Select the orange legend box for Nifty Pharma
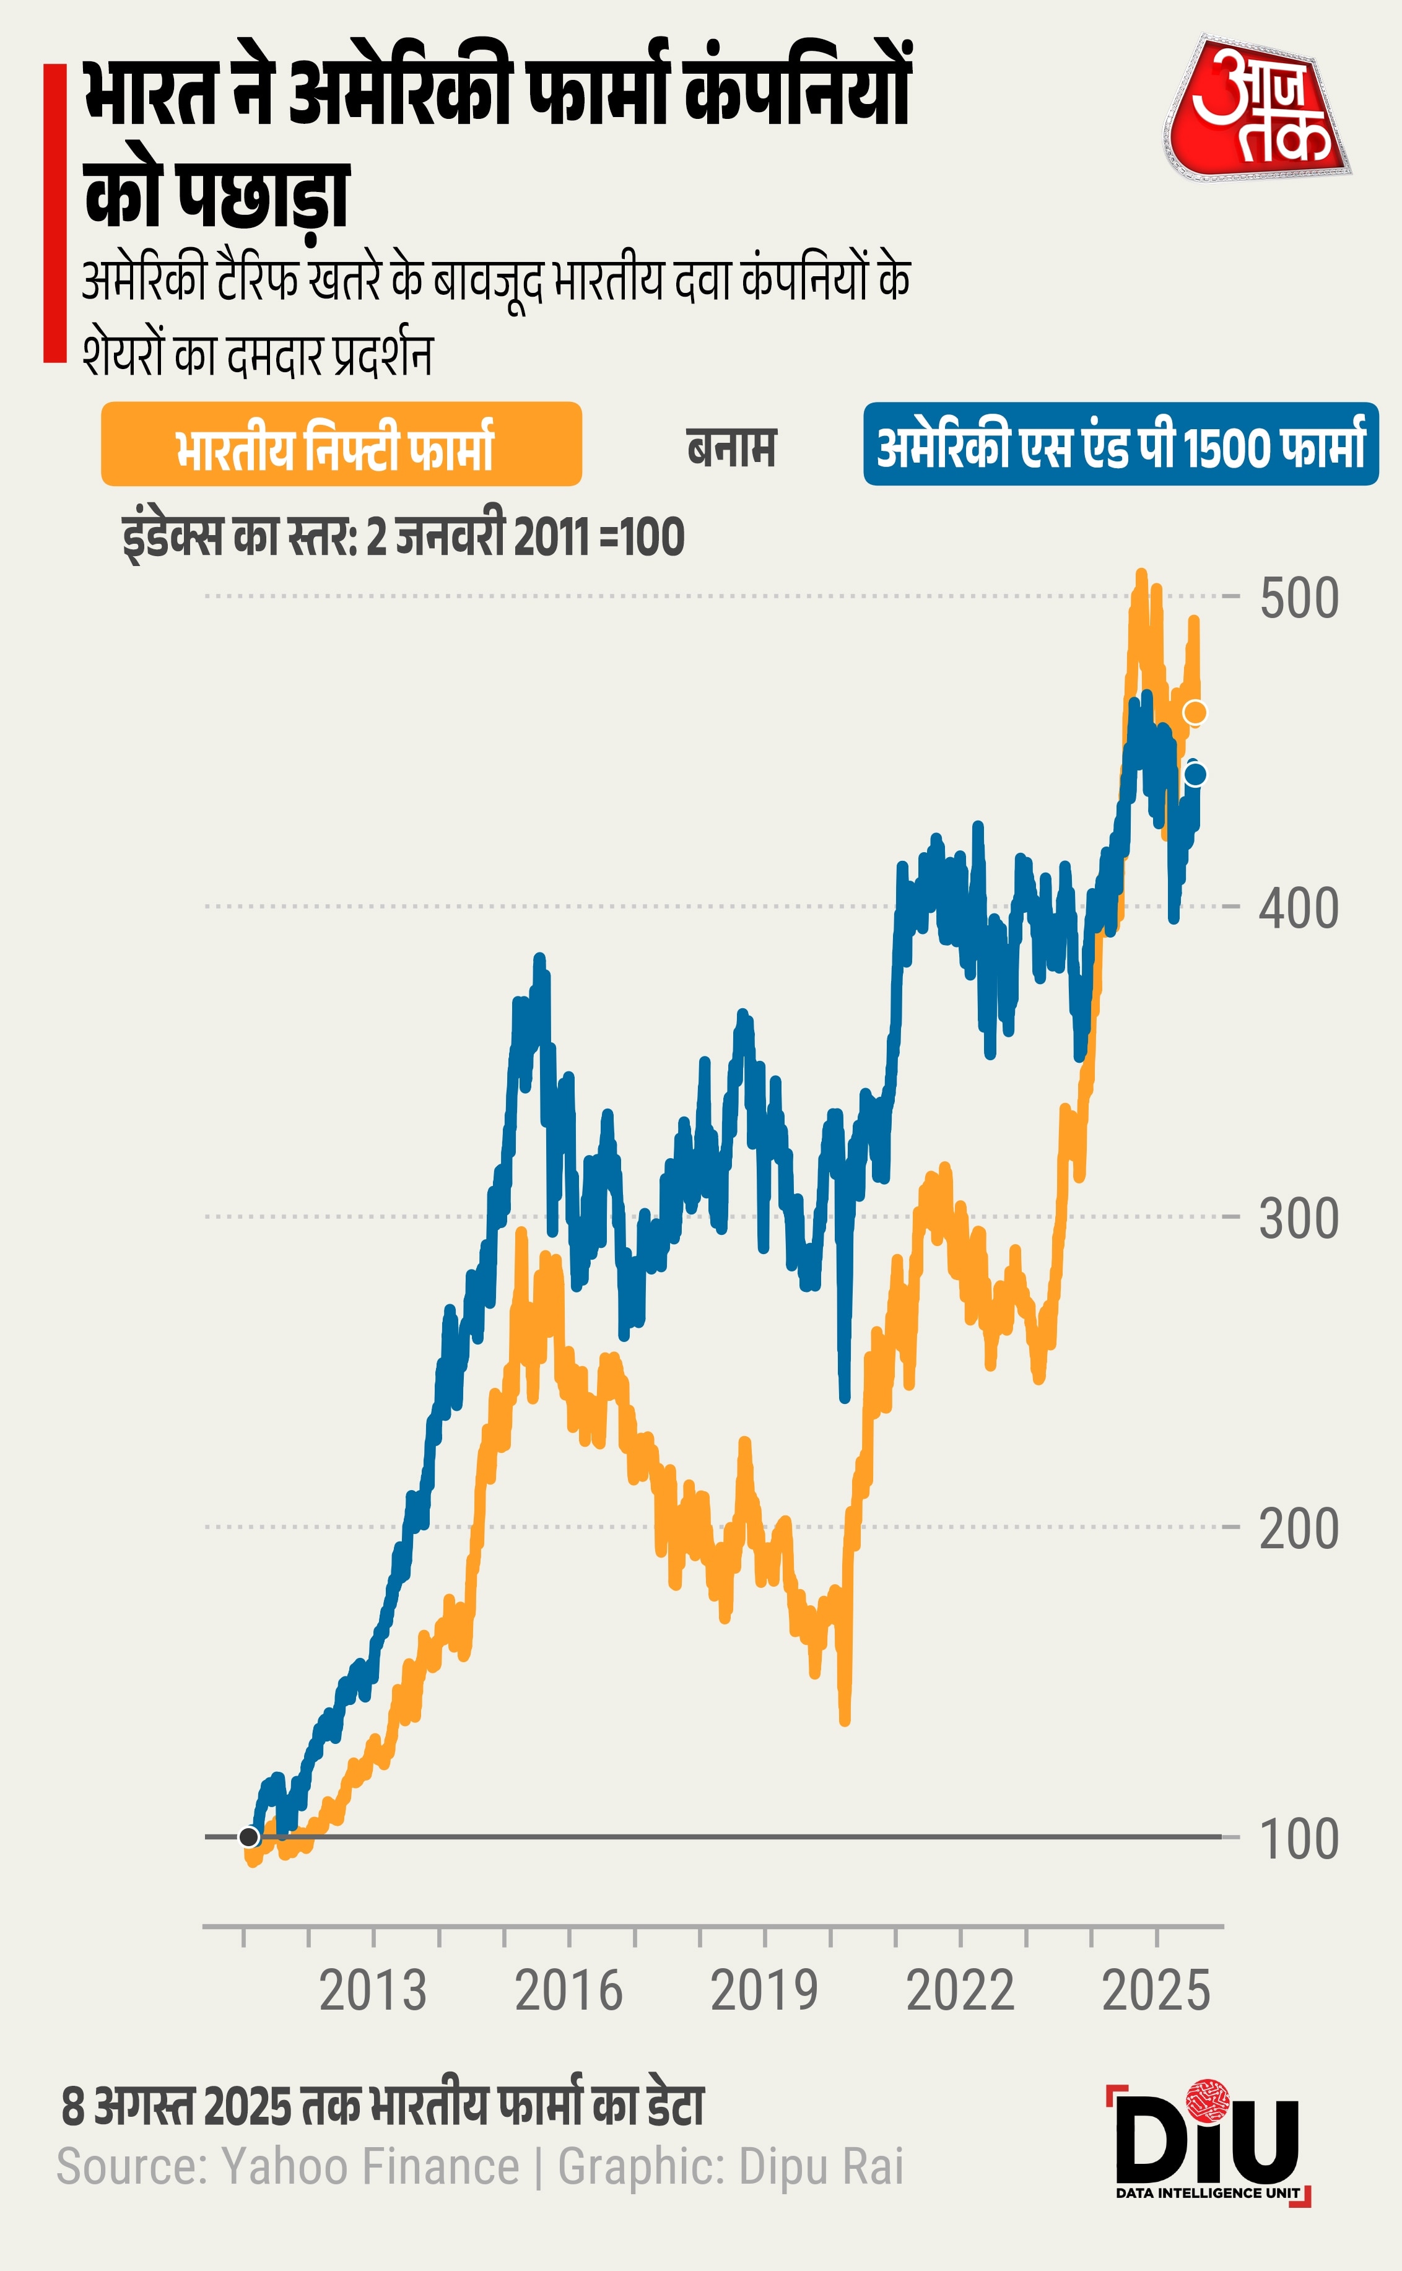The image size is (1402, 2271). [x=341, y=444]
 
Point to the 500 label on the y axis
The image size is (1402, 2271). [x=1298, y=598]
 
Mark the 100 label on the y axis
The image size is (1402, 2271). [x=1298, y=1838]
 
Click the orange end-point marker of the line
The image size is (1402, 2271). [x=1195, y=712]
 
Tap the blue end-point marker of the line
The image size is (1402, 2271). [x=1195, y=774]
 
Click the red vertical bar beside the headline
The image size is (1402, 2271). [x=54, y=212]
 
